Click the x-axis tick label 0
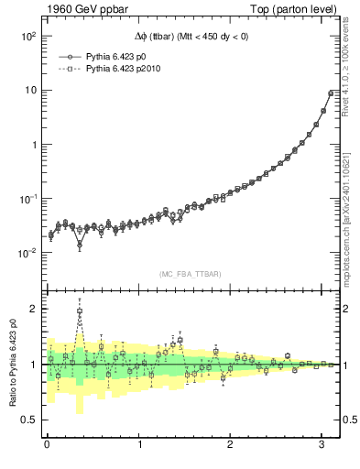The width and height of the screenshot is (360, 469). pyautogui.click(x=47, y=445)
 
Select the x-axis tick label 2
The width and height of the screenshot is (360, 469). pyautogui.click(x=231, y=445)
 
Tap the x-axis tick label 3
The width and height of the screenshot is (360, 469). pyautogui.click(x=322, y=445)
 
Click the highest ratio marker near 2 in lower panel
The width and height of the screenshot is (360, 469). pyautogui.click(x=80, y=311)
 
